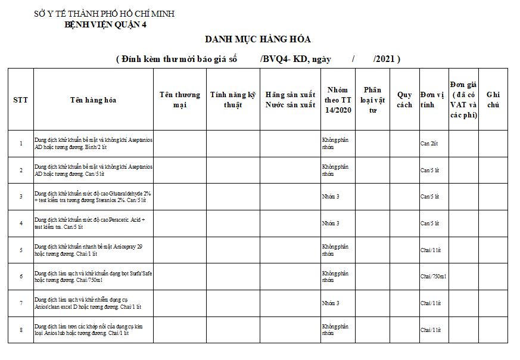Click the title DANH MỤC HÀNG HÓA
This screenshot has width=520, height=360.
pos(258,39)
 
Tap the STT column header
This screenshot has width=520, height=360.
pos(20,100)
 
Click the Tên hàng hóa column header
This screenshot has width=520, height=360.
pos(93,100)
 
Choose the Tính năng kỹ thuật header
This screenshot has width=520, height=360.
pos(233,100)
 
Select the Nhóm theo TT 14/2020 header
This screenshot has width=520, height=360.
pos(338,100)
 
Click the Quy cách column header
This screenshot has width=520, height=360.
pos(404,100)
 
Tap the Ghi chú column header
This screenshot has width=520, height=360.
pos(493,100)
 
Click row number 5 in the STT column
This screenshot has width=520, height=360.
pos(21,250)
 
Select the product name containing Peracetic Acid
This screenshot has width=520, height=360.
pos(89,224)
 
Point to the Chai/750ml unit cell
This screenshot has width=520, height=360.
pos(433,277)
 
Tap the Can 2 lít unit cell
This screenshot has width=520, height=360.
pos(429,144)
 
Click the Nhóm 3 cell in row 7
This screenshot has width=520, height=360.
pos(330,303)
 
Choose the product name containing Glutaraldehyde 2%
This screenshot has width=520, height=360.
pos(93,196)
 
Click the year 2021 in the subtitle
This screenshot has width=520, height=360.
pos(385,59)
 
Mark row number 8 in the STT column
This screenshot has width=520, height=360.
pos(21,330)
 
